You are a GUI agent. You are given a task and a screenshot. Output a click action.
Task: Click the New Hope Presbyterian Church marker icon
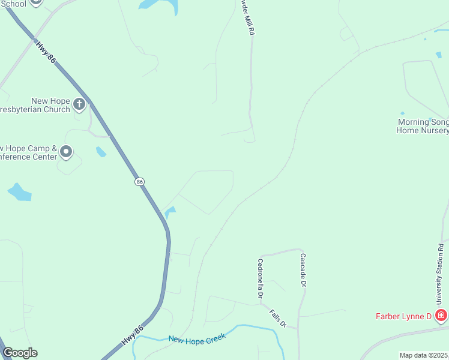pos(79,105)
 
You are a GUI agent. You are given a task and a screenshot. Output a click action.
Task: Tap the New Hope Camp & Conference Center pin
pos(66,152)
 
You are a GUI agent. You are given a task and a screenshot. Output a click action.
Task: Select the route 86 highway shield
pos(139,181)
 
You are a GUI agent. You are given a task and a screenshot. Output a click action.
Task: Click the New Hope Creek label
pos(197,338)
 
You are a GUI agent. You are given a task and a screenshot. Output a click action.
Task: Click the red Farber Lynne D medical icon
pos(441,316)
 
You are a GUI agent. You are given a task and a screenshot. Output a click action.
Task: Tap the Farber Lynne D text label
pos(403,316)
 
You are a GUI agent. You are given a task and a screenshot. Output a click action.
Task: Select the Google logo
pos(20,353)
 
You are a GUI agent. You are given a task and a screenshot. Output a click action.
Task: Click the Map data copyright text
pos(424,355)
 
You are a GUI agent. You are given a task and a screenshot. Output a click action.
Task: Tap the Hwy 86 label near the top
pos(49,53)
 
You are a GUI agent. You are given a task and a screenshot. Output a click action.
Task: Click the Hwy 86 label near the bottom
pos(133,335)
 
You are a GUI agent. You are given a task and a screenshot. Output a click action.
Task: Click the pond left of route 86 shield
pos(19,193)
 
